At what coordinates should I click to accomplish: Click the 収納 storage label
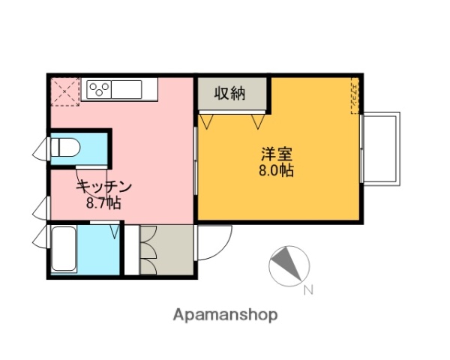(x=230, y=94)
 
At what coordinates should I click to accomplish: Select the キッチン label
(x=104, y=187)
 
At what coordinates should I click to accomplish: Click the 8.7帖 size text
(x=104, y=202)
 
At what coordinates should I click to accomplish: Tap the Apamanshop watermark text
(x=225, y=315)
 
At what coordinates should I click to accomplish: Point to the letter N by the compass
(x=307, y=291)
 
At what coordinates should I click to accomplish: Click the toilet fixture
(x=64, y=147)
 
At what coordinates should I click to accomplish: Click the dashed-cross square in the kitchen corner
(x=65, y=91)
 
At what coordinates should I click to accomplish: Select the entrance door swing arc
(x=214, y=244)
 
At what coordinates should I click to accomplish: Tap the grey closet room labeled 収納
(x=232, y=95)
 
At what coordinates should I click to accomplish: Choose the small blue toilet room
(x=78, y=148)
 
